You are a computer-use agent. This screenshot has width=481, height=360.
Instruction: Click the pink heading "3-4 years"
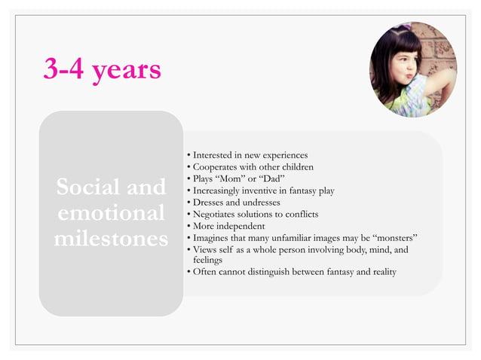pyautogui.click(x=103, y=69)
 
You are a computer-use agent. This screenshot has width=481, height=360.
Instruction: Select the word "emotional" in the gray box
pyautogui.click(x=110, y=213)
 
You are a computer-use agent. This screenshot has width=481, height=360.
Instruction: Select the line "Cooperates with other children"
pyautogui.click(x=253, y=166)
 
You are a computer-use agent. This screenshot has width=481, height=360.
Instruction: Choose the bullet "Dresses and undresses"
pyautogui.click(x=236, y=202)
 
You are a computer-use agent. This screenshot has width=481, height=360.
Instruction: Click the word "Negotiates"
pyautogui.click(x=216, y=214)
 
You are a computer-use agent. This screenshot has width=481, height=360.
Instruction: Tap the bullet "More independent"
pyautogui.click(x=228, y=225)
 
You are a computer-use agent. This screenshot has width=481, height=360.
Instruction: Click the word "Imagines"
pyautogui.click(x=213, y=237)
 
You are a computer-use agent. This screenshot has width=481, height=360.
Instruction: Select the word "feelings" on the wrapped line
pyautogui.click(x=207, y=259)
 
